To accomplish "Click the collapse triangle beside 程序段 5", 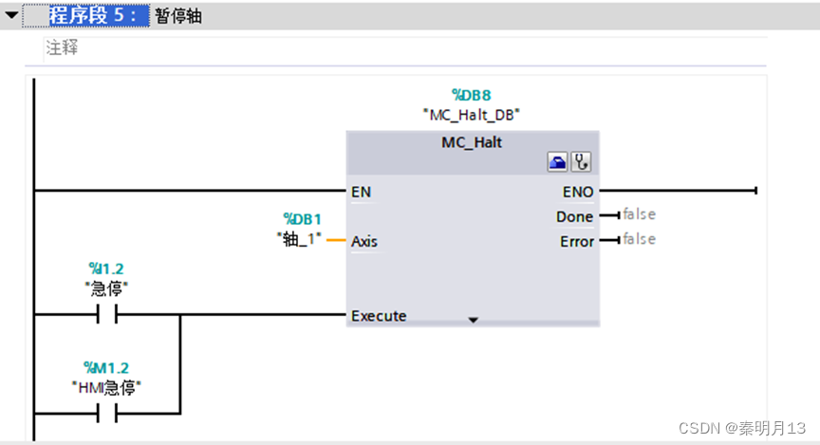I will [x=11, y=16].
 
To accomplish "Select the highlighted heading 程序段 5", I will [x=98, y=16].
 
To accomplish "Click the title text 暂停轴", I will [x=178, y=16].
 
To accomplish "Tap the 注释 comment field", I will [x=63, y=47].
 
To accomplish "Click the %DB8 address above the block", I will [x=472, y=95].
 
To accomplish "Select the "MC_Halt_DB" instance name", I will [x=472, y=114].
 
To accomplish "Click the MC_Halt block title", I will [x=472, y=142].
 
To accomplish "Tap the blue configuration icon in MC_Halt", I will [x=557, y=163].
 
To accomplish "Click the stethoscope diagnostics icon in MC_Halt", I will [x=580, y=163].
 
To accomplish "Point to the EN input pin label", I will [x=361, y=192].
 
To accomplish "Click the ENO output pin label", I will [x=578, y=192].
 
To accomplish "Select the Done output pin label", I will [x=575, y=217].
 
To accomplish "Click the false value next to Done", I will [x=639, y=215].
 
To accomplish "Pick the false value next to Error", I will [x=639, y=239].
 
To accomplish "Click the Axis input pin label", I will [x=364, y=242].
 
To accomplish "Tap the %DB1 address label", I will [x=303, y=219].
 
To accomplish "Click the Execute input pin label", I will [x=379, y=316].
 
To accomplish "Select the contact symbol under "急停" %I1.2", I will [x=106, y=314].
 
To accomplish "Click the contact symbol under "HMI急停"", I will [x=106, y=413].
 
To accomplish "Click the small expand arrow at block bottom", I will [x=473, y=321].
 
